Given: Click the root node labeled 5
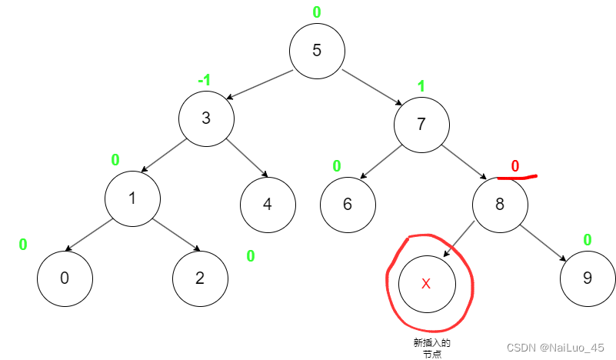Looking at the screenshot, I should pyautogui.click(x=317, y=51).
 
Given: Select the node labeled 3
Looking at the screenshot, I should pyautogui.click(x=206, y=118).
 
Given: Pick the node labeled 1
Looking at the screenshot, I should pyautogui.click(x=132, y=198).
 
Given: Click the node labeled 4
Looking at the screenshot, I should pyautogui.click(x=268, y=204).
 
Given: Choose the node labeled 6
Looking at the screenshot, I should pyautogui.click(x=348, y=204).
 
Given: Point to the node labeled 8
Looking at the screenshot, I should pyautogui.click(x=500, y=204).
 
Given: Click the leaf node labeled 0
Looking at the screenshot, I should pyautogui.click(x=65, y=278).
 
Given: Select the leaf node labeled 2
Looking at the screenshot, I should pyautogui.click(x=200, y=278).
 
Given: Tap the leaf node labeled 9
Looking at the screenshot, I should pyautogui.click(x=588, y=278).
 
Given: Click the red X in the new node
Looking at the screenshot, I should pyautogui.click(x=427, y=283).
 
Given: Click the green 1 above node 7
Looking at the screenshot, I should pyautogui.click(x=421, y=86).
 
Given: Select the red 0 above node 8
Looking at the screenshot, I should pyautogui.click(x=515, y=165).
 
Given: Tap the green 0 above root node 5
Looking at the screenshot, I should pyautogui.click(x=317, y=12).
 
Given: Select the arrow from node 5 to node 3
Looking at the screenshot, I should pyautogui.click(x=260, y=85).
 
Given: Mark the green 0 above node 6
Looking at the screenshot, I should pyautogui.click(x=337, y=165).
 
